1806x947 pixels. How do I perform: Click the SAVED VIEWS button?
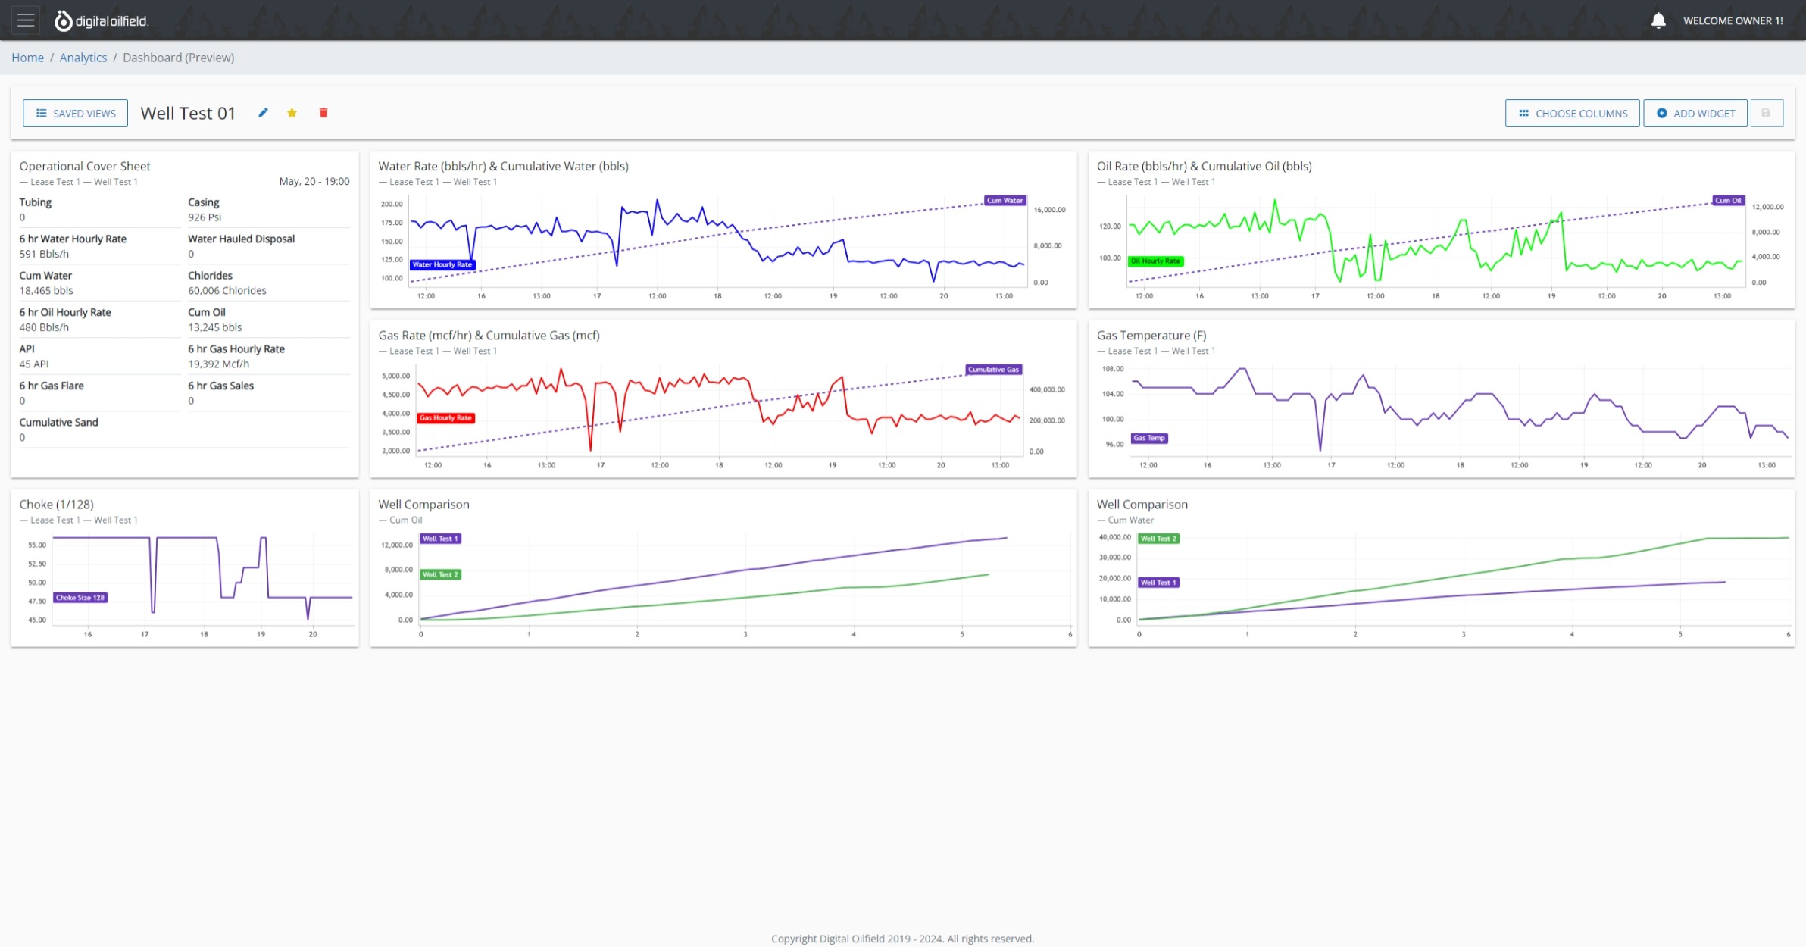click(x=75, y=113)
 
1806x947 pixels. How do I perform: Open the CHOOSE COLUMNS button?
click(x=1572, y=113)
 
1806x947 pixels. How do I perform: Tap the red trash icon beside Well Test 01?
click(x=323, y=113)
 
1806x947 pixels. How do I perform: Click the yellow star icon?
click(x=292, y=113)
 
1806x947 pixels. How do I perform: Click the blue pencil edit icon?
click(x=263, y=113)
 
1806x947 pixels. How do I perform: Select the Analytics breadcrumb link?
click(x=83, y=58)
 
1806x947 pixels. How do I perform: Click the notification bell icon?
click(x=1658, y=20)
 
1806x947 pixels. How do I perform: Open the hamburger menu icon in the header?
click(x=26, y=20)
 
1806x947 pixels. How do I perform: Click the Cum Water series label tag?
click(x=1005, y=201)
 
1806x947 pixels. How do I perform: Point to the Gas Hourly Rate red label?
click(x=445, y=418)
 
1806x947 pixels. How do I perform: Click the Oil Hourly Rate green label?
click(x=1155, y=261)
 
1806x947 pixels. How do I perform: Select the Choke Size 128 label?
click(x=80, y=598)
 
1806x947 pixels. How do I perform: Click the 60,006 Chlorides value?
click(x=227, y=291)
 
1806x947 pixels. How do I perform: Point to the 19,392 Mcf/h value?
click(x=219, y=364)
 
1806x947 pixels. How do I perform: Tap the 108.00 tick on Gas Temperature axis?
click(x=1113, y=369)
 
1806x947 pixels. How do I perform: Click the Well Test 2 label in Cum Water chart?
click(x=1158, y=539)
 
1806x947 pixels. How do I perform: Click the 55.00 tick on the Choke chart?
click(x=37, y=545)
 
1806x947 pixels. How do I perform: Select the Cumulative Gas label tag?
click(x=993, y=370)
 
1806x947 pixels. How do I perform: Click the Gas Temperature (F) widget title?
click(x=1151, y=336)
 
